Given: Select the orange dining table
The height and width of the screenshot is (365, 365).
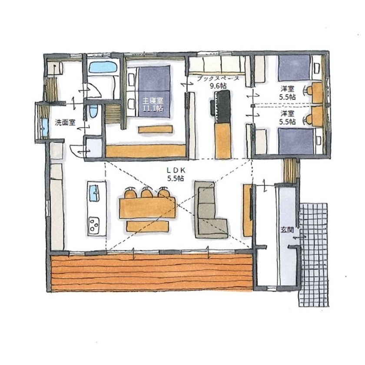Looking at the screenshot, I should pyautogui.click(x=147, y=207).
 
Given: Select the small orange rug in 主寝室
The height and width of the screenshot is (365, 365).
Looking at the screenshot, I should pyautogui.click(x=156, y=129).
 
